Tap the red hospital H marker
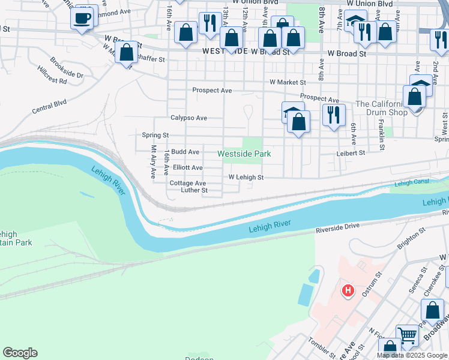[x=347, y=292]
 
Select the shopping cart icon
[x=407, y=335]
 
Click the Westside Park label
[x=244, y=154]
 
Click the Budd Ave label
[x=185, y=152]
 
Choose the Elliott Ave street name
[x=188, y=168]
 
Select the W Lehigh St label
[x=246, y=178]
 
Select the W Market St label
[x=288, y=82]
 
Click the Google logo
[x=20, y=353]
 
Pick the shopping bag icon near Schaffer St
[x=127, y=52]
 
